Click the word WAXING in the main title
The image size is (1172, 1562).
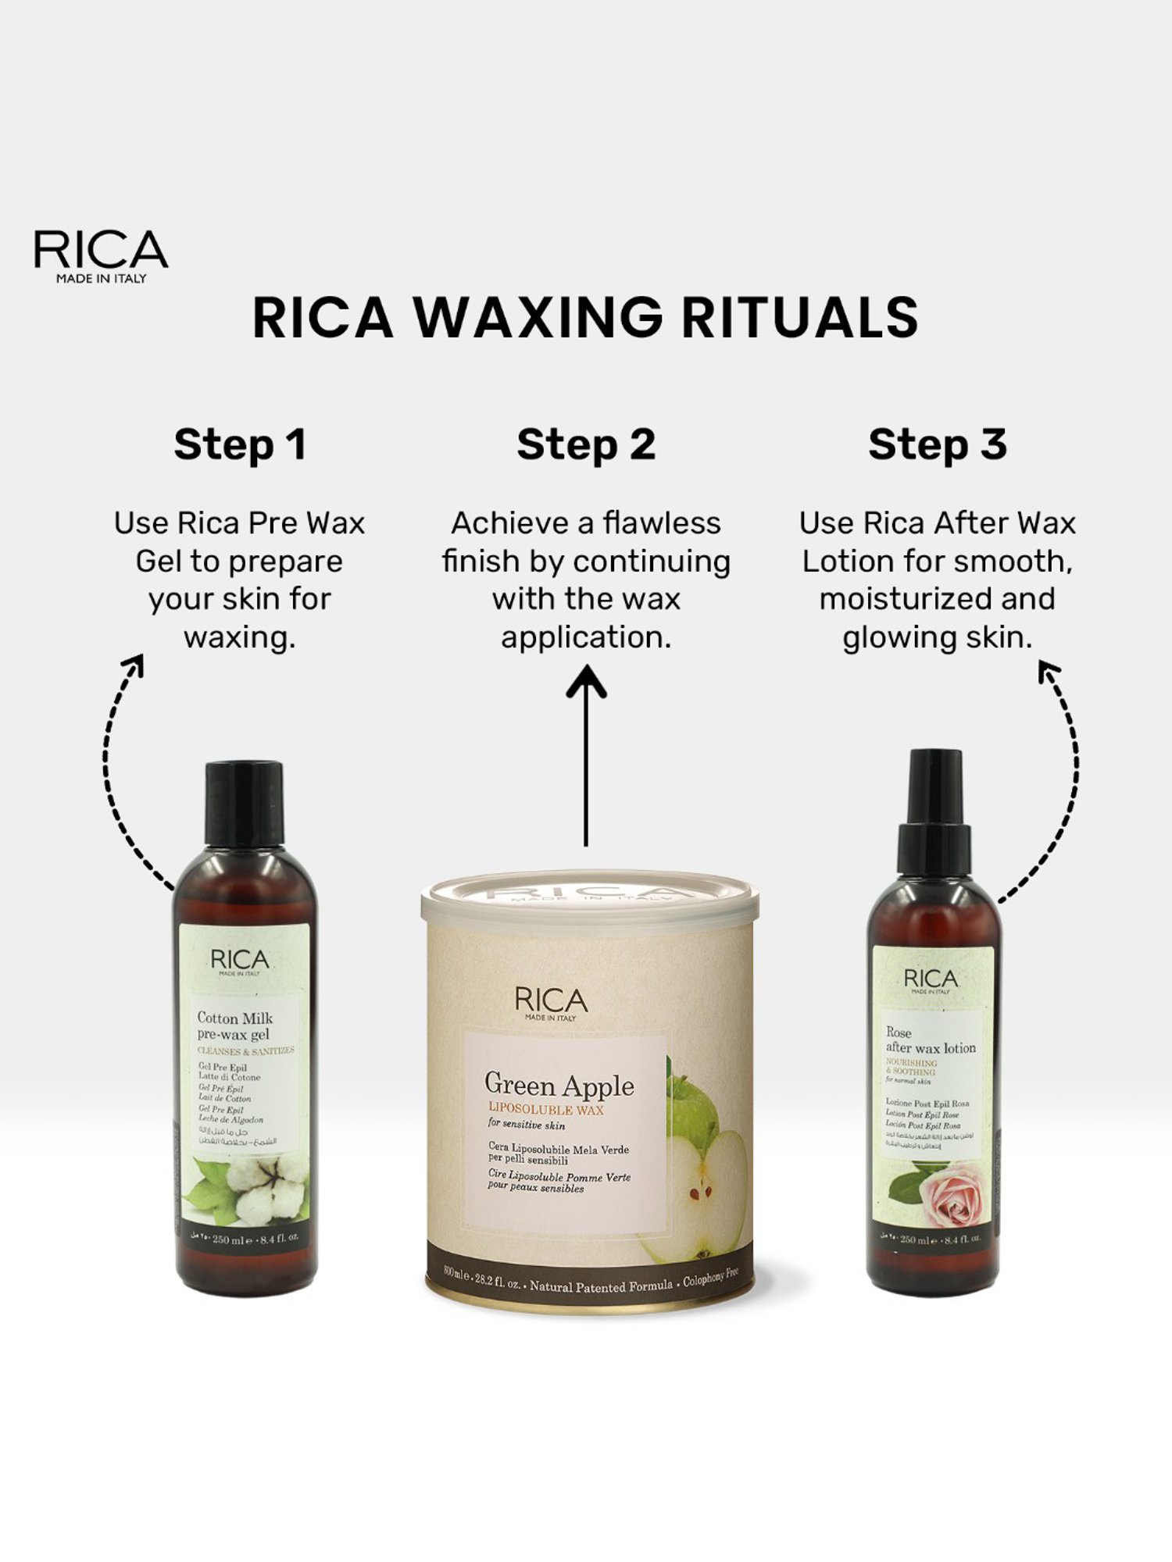coord(537,318)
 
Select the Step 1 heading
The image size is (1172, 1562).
coord(239,445)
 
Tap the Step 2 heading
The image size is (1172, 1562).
coord(586,445)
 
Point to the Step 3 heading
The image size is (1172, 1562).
coord(937,445)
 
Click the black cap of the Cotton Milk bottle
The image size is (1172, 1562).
coord(244,804)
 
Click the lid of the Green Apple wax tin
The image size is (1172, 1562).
coord(589,898)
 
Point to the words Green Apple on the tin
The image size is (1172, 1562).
coord(559,1085)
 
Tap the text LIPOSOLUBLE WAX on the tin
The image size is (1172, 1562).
coord(545,1110)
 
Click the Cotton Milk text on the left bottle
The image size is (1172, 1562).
coord(234,1018)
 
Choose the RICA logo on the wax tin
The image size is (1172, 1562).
coord(551,1002)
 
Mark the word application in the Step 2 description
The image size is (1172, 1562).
coord(586,638)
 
